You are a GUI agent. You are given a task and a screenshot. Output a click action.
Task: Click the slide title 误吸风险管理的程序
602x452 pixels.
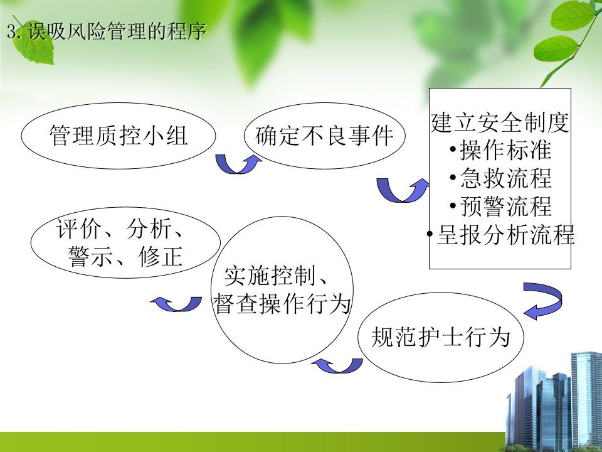117,31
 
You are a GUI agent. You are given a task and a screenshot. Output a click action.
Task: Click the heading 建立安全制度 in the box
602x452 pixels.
500,122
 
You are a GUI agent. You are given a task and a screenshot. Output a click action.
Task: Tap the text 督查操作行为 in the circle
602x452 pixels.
282,304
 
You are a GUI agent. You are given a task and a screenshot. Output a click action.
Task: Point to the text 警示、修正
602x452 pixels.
125,257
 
